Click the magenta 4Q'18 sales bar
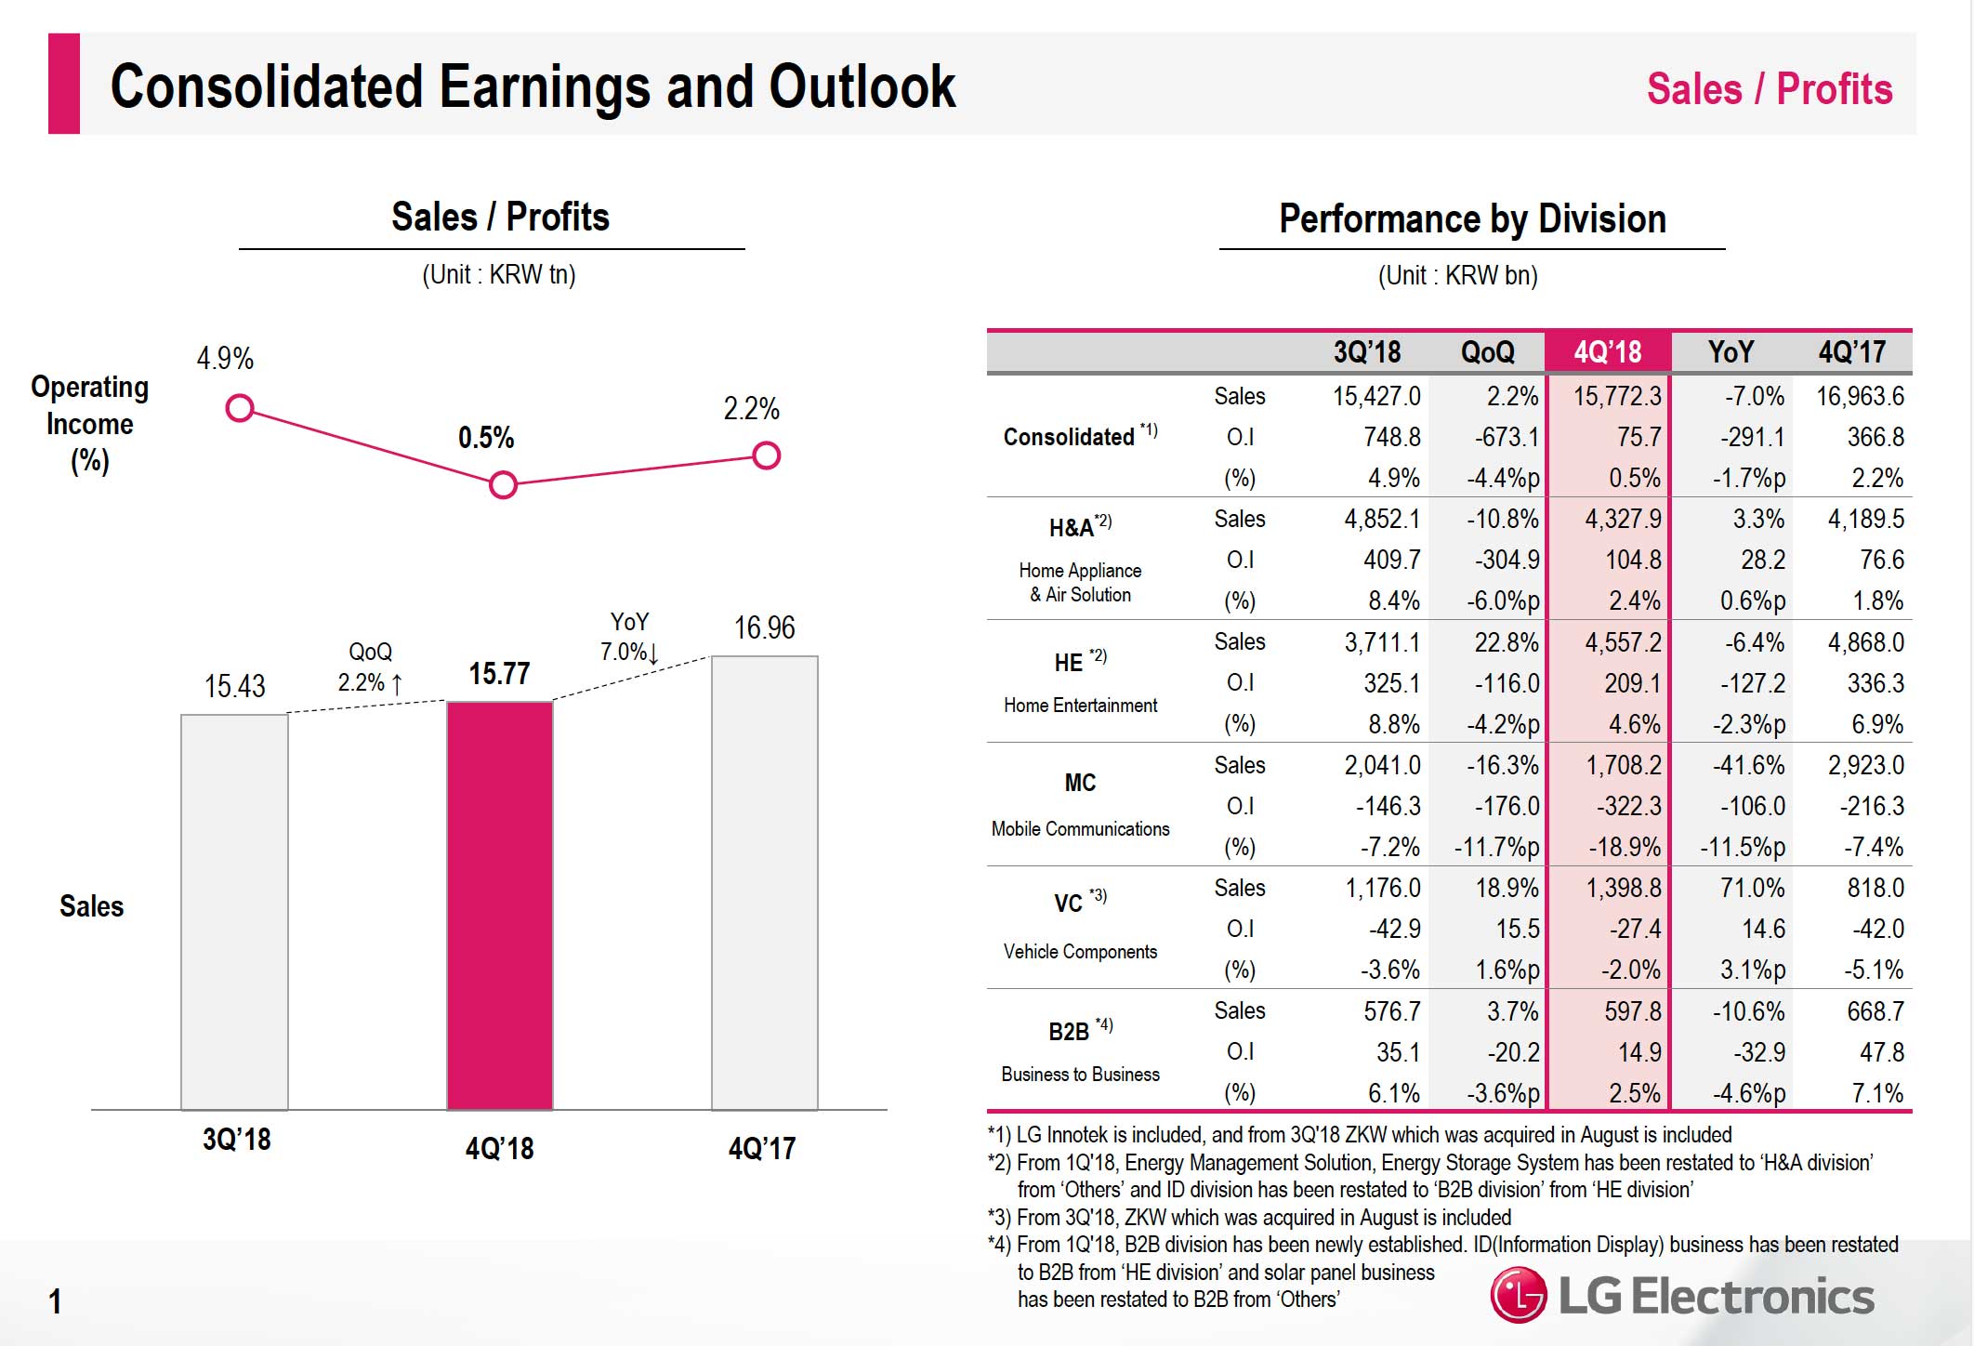(x=500, y=905)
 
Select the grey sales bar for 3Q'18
(x=234, y=911)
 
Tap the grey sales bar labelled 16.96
(x=764, y=883)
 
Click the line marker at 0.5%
(x=503, y=484)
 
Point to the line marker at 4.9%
(x=240, y=408)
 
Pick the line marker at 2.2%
(x=766, y=455)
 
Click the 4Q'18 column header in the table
(x=1607, y=352)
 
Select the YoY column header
(x=1731, y=352)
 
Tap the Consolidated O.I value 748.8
(x=1391, y=437)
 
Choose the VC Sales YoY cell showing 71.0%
(x=1751, y=888)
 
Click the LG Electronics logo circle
(x=1519, y=1295)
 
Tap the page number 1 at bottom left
(x=56, y=1301)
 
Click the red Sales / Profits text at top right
(x=1769, y=90)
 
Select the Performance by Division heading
(x=1472, y=219)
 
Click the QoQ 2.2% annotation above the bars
(x=370, y=667)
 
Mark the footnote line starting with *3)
(x=1249, y=1217)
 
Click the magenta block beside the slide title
(x=64, y=84)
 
